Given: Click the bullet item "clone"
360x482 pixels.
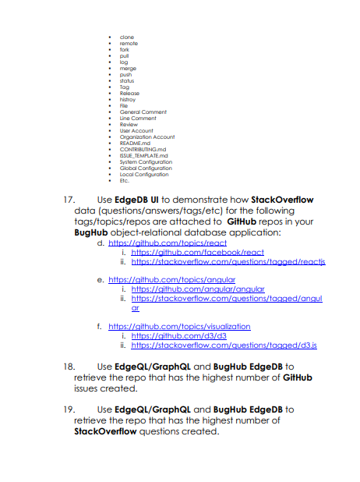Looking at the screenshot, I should click(x=127, y=37).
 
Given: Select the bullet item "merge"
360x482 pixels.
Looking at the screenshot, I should click(x=129, y=68).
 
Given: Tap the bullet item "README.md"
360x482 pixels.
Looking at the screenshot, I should click(x=136, y=143).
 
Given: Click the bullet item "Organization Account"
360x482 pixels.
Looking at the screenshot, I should click(x=147, y=136).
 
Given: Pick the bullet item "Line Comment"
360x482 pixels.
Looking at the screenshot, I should click(x=138, y=118).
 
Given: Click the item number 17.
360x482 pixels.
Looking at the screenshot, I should click(x=69, y=200).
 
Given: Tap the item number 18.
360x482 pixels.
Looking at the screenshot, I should click(x=69, y=366).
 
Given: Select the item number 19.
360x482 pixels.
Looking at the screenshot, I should click(x=69, y=408).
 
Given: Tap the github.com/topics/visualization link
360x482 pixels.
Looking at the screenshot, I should click(x=179, y=326).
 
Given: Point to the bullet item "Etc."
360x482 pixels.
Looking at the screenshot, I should click(x=125, y=180).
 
